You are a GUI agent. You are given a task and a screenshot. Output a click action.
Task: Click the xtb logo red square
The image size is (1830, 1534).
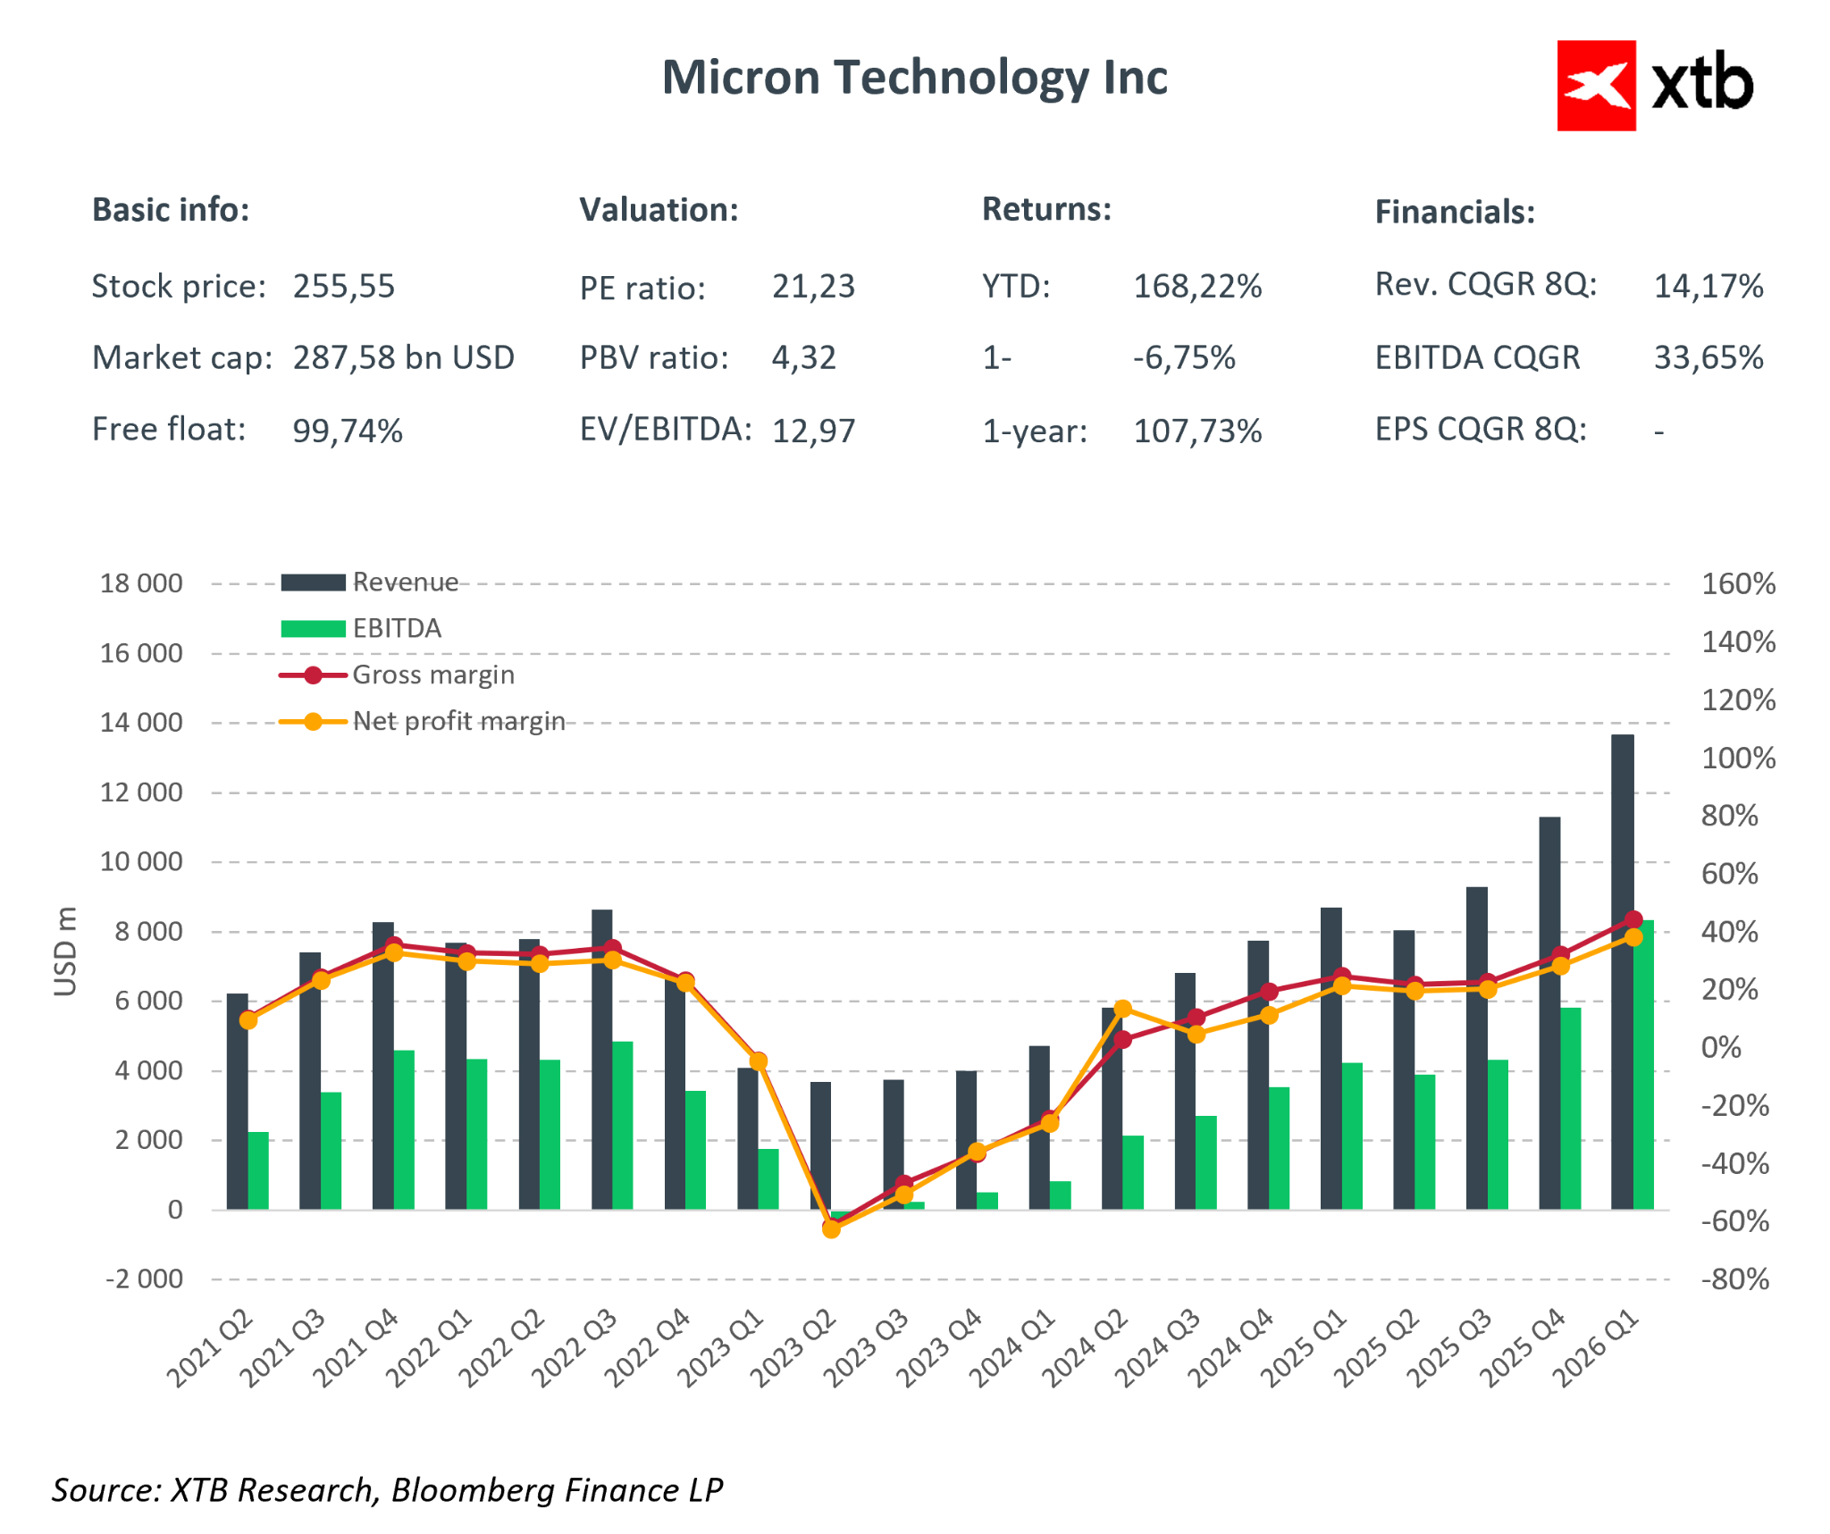pos(1595,86)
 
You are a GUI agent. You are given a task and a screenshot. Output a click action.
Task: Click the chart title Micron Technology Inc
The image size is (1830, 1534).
pos(913,78)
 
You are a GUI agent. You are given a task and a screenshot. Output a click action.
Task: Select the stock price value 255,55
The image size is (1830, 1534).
pos(343,287)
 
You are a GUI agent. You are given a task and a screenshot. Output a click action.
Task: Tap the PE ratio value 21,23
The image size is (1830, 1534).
pos(812,287)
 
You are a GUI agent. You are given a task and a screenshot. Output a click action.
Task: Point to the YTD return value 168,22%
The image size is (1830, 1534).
pos(1196,287)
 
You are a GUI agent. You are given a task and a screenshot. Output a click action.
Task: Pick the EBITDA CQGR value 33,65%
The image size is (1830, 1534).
pos(1708,358)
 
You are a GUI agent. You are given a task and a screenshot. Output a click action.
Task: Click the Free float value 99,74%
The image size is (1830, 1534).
pos(347,431)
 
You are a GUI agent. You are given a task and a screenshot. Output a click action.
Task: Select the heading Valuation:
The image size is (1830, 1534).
pos(659,210)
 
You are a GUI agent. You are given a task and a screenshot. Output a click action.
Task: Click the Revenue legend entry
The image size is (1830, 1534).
pos(404,583)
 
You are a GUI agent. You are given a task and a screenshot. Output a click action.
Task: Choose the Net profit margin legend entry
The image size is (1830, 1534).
pos(457,721)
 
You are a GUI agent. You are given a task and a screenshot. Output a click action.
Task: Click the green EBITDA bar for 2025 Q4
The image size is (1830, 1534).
pos(1570,1108)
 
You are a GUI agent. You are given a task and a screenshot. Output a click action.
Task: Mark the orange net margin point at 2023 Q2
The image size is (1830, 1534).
pos(831,1229)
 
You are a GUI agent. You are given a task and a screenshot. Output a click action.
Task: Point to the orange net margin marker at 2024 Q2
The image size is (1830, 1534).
pos(1123,1010)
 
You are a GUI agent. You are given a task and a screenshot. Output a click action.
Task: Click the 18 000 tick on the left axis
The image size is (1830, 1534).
pos(140,583)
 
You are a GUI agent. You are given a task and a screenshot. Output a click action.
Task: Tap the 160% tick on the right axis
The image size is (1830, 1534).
pos(1737,584)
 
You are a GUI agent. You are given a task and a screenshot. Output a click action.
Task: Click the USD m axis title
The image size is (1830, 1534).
pos(65,951)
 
